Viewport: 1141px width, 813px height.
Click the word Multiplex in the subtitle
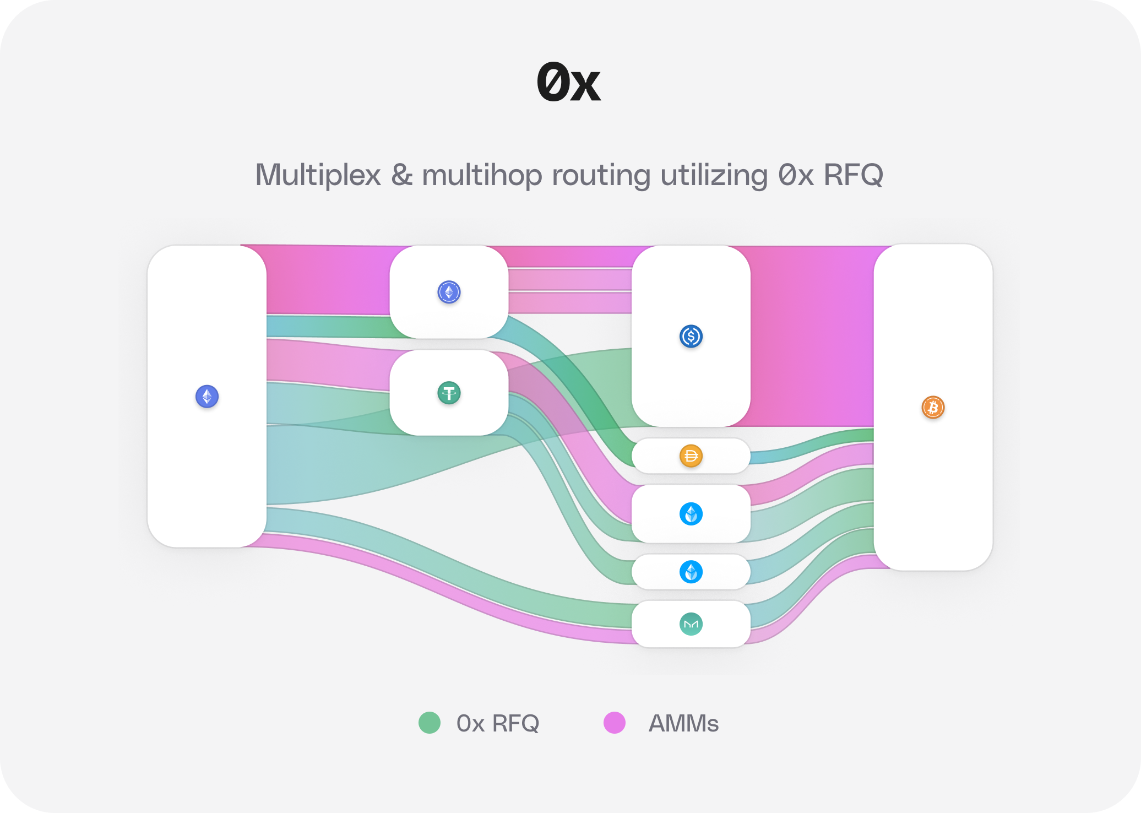(318, 176)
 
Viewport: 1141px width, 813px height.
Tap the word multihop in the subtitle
(482, 176)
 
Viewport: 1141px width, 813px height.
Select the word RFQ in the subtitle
(853, 176)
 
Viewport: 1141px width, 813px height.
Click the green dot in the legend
(430, 723)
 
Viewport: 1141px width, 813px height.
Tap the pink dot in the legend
(615, 723)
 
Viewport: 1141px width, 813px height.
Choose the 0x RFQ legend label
(497, 723)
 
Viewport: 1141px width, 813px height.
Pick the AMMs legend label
(683, 723)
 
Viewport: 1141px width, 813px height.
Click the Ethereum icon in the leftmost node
(207, 396)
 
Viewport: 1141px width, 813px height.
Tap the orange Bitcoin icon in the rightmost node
(933, 407)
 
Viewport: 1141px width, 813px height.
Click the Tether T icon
(449, 393)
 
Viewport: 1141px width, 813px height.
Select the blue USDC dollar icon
(691, 336)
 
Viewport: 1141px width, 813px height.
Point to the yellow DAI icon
(691, 456)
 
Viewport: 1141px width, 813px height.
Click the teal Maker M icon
(691, 624)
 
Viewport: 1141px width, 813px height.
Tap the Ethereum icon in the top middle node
(449, 292)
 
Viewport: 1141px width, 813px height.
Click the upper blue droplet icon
(691, 514)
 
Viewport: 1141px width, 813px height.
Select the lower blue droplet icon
(691, 572)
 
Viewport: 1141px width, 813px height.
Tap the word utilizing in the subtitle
(714, 176)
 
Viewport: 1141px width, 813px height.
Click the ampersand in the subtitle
(402, 176)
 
